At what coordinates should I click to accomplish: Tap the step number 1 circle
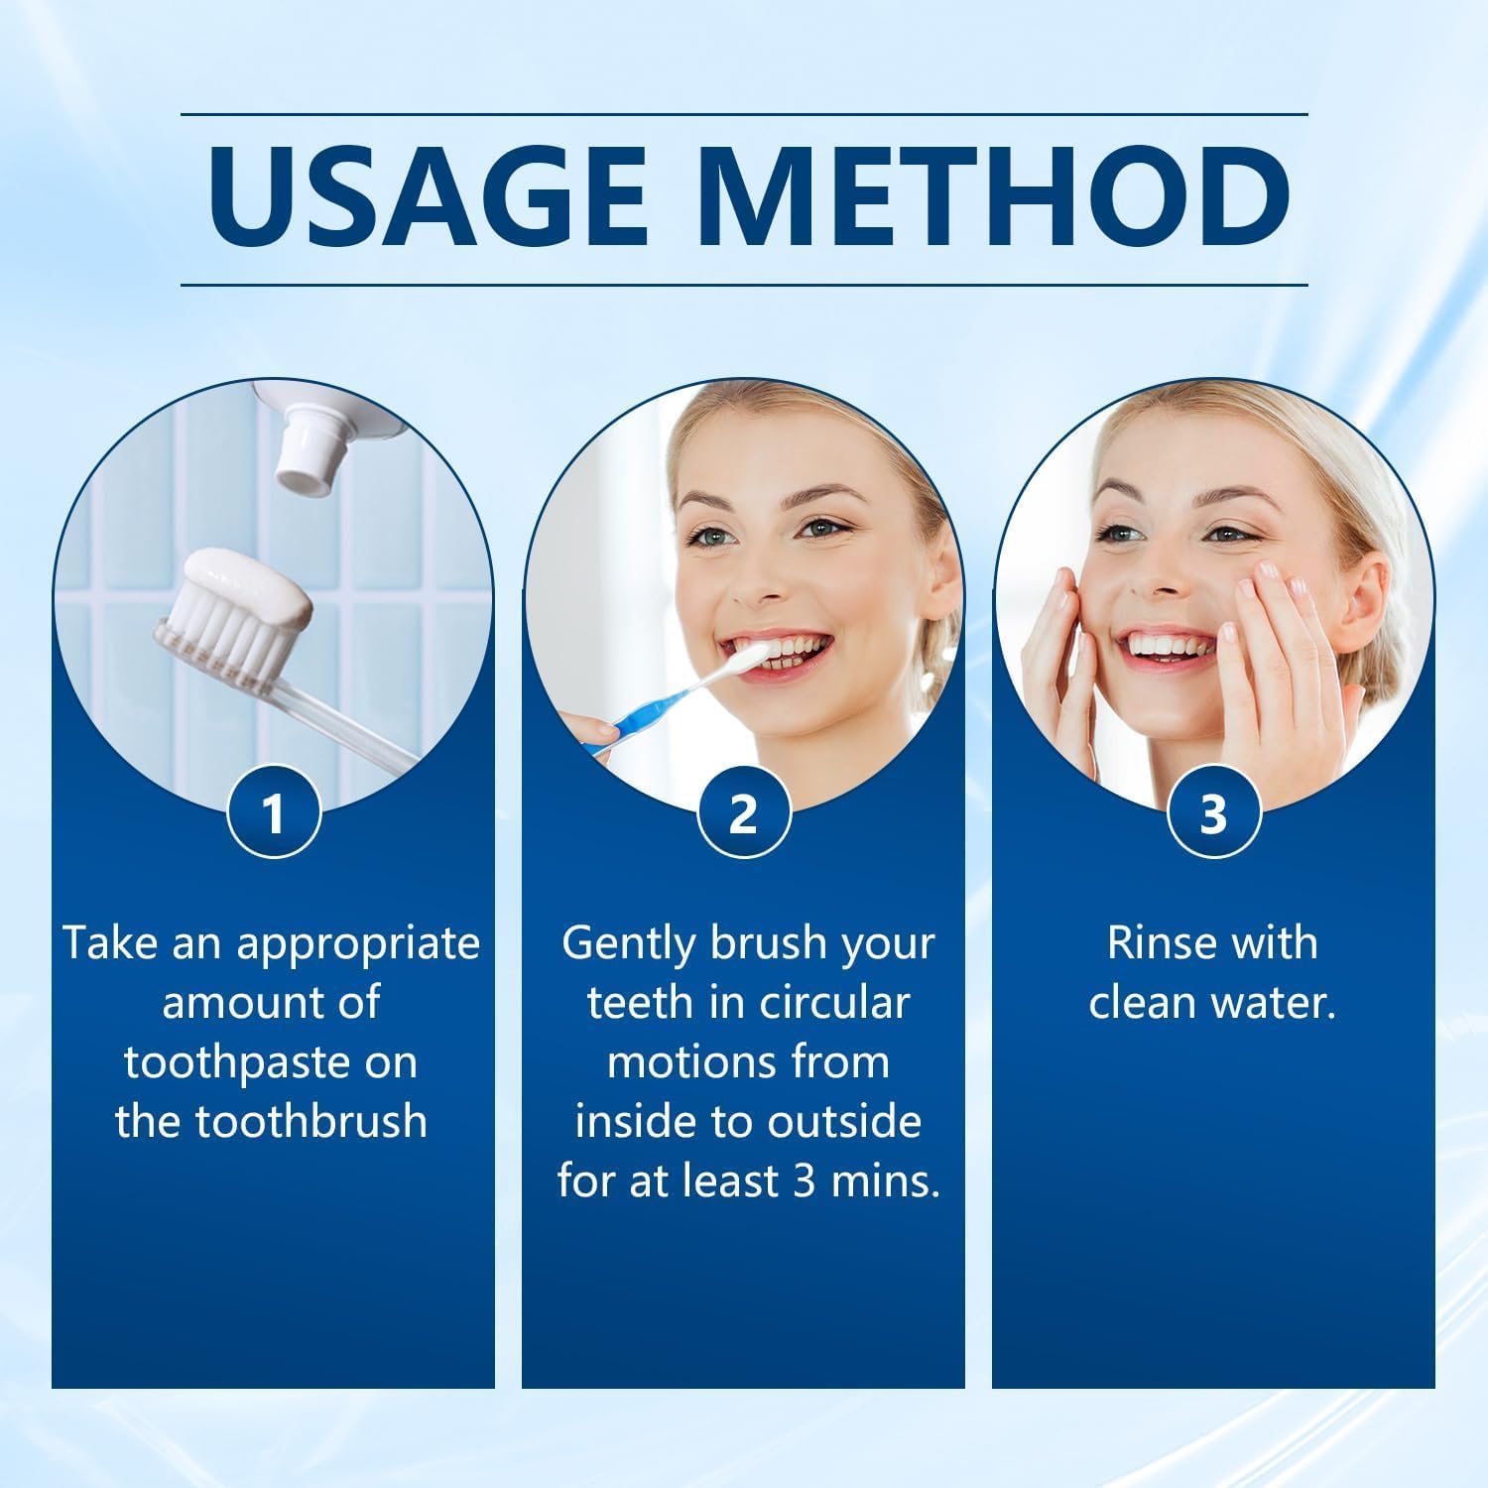coord(274,813)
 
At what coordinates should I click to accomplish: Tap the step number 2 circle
coord(743,813)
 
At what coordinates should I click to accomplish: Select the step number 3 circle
coord(1213,813)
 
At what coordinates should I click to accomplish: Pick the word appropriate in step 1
coord(358,943)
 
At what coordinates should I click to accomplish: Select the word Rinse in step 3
coord(1154,943)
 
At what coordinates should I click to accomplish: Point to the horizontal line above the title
coord(743,115)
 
